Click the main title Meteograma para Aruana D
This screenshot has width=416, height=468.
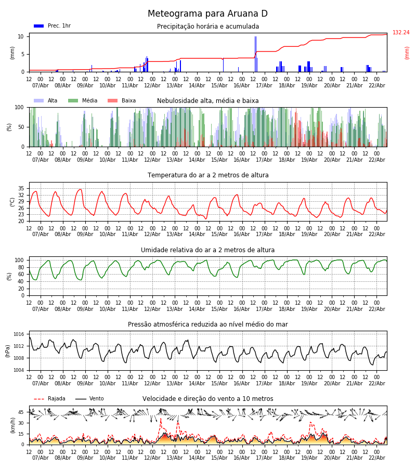point(207,14)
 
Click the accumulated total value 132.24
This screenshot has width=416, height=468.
point(401,33)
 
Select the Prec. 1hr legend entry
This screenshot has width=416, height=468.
point(53,26)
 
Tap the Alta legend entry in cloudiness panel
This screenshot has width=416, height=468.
point(46,101)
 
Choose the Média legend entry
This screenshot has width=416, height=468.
point(83,101)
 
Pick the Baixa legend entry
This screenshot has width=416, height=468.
point(122,101)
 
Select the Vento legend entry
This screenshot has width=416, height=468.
point(89,399)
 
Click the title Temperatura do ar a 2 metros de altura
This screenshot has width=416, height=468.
point(208,175)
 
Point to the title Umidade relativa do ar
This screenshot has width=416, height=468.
point(208,250)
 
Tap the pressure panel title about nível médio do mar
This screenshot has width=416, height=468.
point(208,324)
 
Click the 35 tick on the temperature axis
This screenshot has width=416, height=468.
point(21,188)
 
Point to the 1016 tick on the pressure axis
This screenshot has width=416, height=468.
point(19,334)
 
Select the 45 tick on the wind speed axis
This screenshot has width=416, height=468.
point(21,412)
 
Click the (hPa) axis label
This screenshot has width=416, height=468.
point(8,351)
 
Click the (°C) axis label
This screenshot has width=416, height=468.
point(12,202)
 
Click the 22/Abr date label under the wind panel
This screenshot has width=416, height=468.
point(377,458)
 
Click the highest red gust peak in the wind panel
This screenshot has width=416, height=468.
point(160,419)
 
